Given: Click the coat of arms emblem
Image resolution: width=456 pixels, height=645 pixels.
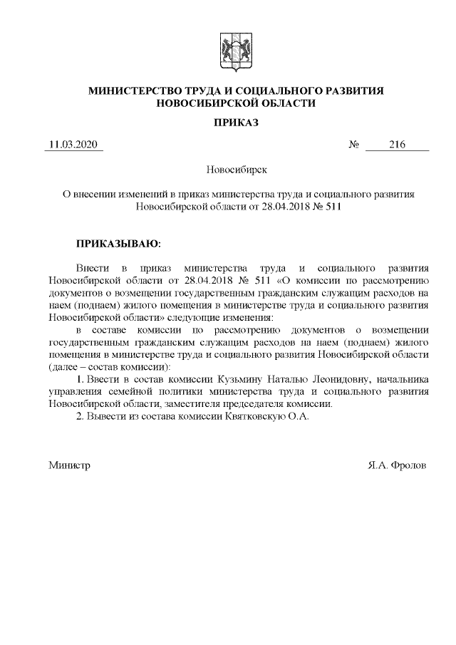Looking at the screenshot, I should [236, 49].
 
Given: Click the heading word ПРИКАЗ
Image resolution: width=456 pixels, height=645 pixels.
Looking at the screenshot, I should [236, 123].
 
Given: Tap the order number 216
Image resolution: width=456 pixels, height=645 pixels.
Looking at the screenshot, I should [397, 145].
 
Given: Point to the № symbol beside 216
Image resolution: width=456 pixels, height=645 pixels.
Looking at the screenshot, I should [353, 145].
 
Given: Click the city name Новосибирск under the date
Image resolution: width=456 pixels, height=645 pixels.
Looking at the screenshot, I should [236, 170].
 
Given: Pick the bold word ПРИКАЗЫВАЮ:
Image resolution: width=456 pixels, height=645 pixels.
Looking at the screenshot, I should [119, 244].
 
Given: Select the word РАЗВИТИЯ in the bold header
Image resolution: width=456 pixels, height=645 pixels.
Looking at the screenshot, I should [356, 91].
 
